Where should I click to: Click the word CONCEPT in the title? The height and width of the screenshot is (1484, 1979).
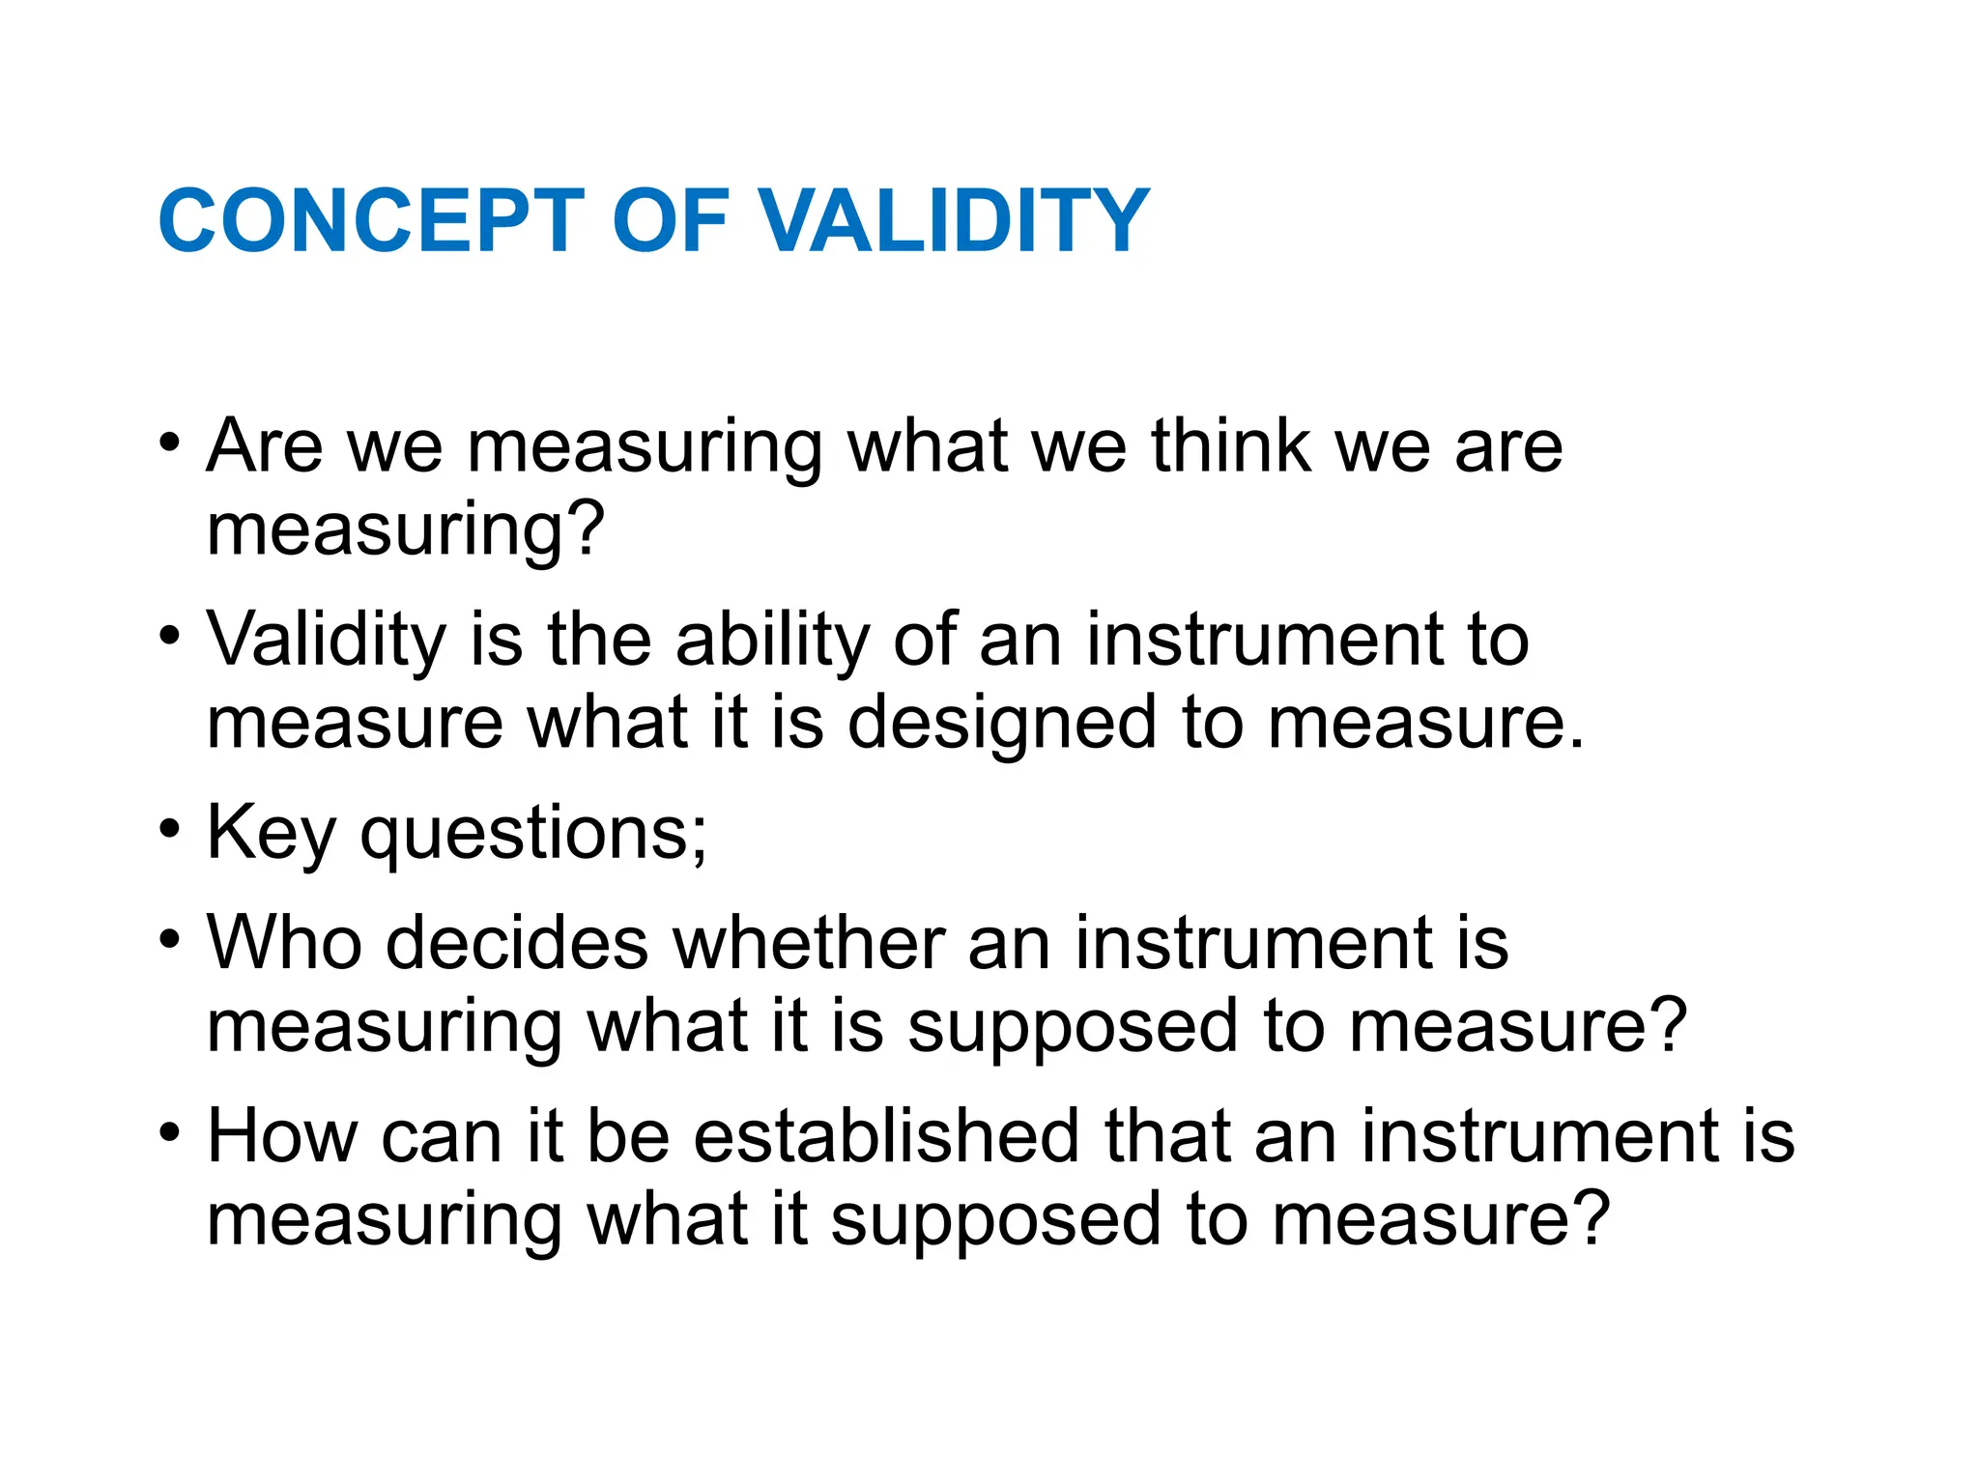point(371,221)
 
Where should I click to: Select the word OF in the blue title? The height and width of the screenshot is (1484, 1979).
point(670,221)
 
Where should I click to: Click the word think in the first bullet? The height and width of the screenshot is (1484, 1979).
point(1230,446)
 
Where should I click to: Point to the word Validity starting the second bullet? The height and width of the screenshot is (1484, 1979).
point(327,640)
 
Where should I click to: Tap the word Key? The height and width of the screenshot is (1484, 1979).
point(272,833)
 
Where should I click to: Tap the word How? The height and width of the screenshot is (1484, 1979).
point(282,1136)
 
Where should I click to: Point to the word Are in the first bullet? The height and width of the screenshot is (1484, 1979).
point(264,446)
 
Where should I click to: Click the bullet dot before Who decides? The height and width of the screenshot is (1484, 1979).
point(170,938)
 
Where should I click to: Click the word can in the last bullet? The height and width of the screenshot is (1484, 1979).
point(441,1138)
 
